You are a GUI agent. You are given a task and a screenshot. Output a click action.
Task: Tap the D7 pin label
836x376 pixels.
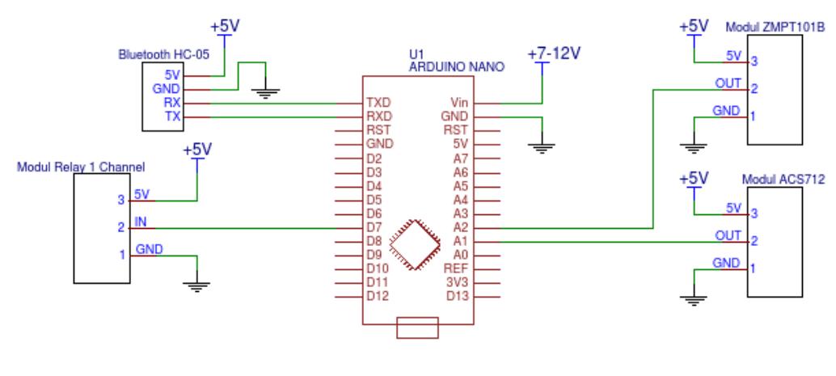(374, 227)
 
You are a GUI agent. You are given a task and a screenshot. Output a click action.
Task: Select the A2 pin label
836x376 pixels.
(461, 227)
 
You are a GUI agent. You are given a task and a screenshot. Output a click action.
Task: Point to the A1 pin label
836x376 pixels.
(461, 241)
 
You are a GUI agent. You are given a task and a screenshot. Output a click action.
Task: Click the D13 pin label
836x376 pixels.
(458, 296)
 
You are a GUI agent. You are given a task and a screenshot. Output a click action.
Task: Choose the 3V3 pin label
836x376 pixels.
(458, 282)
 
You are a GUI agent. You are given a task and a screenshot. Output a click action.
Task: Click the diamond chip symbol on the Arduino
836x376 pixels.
(416, 243)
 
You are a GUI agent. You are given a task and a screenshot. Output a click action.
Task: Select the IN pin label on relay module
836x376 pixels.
(140, 221)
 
